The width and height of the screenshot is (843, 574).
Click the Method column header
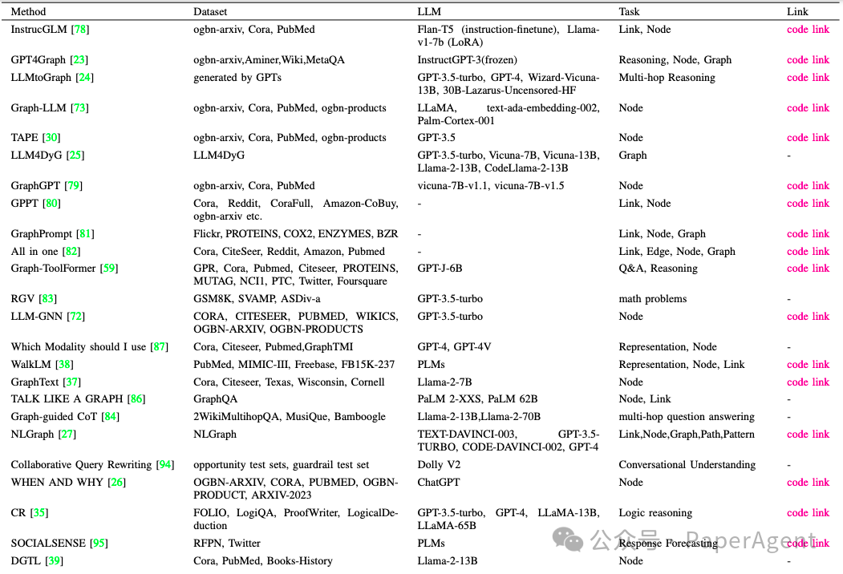[28, 12]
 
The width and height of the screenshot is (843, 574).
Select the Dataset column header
[210, 12]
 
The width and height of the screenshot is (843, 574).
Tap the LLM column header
[429, 12]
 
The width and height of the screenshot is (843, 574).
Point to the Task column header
[630, 12]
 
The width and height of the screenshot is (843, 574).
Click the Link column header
[797, 12]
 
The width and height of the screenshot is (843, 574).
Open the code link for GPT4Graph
[808, 60]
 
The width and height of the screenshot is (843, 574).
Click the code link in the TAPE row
[808, 138]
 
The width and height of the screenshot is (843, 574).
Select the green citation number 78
[80, 30]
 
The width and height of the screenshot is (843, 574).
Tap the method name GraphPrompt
[42, 234]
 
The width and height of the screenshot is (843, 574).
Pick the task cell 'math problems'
[652, 299]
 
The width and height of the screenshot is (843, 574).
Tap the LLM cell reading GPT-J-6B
[440, 269]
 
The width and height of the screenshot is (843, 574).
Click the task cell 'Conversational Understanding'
[687, 465]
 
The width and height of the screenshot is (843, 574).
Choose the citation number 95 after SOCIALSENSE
[99, 544]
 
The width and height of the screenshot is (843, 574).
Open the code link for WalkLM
[808, 365]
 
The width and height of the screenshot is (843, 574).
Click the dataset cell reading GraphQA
[215, 399]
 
